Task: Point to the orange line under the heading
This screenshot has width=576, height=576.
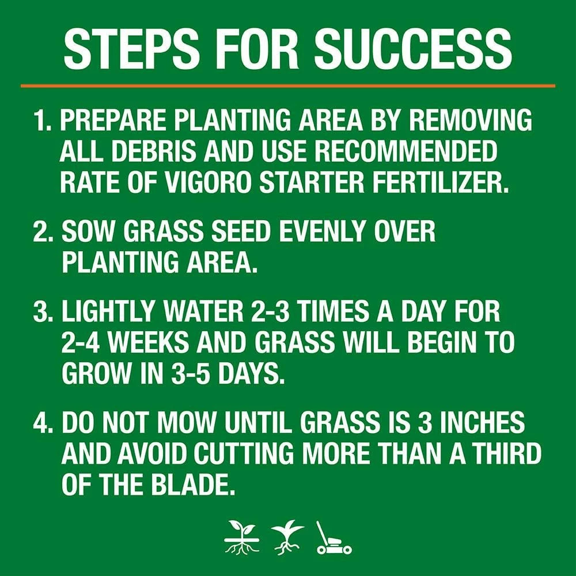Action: coord(288,86)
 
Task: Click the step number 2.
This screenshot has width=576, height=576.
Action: coord(43,232)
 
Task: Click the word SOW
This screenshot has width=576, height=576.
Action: coord(89,232)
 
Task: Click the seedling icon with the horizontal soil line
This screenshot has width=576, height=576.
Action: coord(242,537)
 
